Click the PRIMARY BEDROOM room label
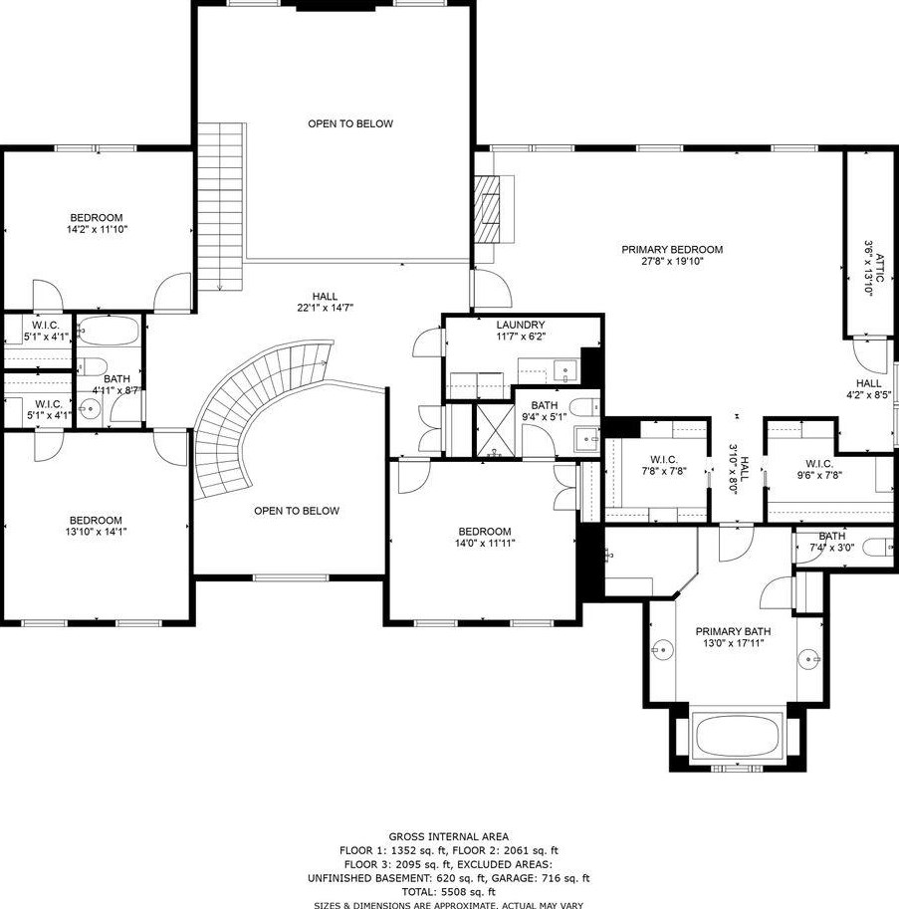coord(672,250)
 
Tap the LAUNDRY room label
coord(521,326)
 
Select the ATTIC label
coord(879,267)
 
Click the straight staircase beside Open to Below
coord(220,206)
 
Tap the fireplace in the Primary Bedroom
coord(488,207)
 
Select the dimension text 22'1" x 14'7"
coord(326,308)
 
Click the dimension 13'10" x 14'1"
coord(96,532)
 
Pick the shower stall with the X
coord(495,429)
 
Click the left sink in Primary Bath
coord(662,650)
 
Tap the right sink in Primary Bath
coord(808,659)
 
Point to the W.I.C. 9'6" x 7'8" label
coord(819,469)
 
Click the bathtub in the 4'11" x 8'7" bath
coord(109,331)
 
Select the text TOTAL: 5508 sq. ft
coord(449,892)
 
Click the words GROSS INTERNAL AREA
coord(449,836)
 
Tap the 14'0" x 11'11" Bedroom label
coord(485,537)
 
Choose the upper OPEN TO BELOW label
coord(350,123)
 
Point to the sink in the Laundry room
coord(564,369)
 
